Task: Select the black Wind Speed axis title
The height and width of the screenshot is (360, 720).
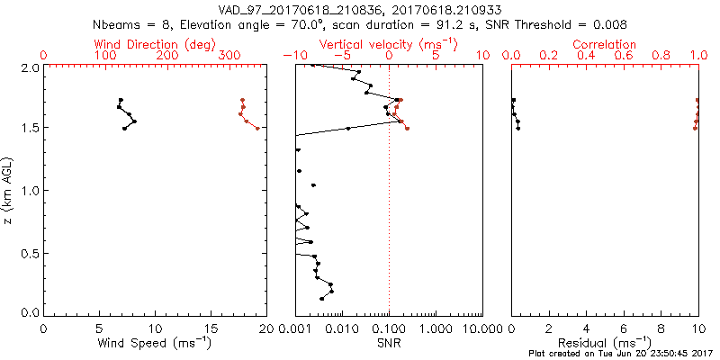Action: click(155, 343)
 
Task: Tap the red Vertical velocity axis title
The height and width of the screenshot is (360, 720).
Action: click(388, 44)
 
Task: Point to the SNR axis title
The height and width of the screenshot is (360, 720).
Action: click(389, 343)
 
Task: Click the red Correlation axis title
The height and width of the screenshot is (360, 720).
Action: click(605, 44)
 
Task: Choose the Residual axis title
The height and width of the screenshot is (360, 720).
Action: click(605, 343)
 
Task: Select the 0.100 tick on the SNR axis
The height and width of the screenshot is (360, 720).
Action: click(389, 328)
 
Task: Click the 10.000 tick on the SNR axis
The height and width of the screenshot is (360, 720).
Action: click(477, 328)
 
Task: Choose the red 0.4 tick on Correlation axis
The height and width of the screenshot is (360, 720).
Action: click(586, 56)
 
